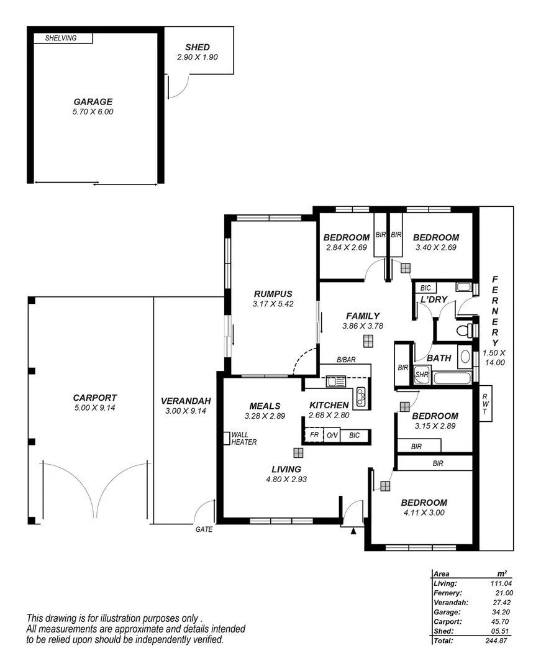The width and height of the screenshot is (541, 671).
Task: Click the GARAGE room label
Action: (x=93, y=102)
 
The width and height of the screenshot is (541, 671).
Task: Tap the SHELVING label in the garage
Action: (x=61, y=39)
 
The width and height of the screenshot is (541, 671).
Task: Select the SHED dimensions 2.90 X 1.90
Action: (x=197, y=57)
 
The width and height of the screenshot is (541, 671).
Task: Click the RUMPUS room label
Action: (x=273, y=294)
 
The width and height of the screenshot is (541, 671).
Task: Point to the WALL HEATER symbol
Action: (x=227, y=438)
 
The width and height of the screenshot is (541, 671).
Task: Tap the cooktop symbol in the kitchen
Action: (x=361, y=395)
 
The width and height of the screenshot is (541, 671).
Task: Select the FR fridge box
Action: (x=314, y=436)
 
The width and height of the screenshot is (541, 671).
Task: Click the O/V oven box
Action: (x=332, y=436)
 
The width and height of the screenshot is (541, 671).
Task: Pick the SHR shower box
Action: (x=422, y=375)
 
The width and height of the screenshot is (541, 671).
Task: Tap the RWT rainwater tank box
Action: (x=485, y=404)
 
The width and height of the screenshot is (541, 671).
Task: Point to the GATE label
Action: (x=204, y=530)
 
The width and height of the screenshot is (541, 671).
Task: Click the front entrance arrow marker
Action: (x=353, y=531)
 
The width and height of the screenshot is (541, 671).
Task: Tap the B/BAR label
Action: (x=346, y=360)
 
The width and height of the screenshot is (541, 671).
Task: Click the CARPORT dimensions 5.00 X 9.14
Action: (x=94, y=408)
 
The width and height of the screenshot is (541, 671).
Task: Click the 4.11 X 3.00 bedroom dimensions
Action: (x=424, y=513)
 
